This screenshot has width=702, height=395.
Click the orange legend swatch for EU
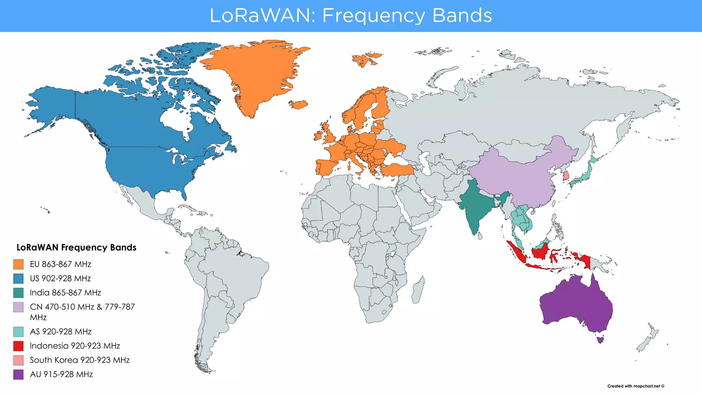19,264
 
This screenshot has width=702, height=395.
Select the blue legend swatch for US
19,278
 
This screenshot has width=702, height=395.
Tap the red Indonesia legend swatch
19,346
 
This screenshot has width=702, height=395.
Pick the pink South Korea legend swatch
19,360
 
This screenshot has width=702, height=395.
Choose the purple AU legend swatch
19,374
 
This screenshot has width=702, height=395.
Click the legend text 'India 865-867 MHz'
65,292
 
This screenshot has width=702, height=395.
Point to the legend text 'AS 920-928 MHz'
61,332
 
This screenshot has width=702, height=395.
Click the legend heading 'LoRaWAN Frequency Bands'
76,248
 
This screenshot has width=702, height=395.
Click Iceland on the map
298,104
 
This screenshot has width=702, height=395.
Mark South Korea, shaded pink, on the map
566,176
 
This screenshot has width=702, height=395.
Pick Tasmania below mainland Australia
600,339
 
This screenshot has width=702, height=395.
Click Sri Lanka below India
480,236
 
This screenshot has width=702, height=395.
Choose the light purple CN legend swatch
19,307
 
